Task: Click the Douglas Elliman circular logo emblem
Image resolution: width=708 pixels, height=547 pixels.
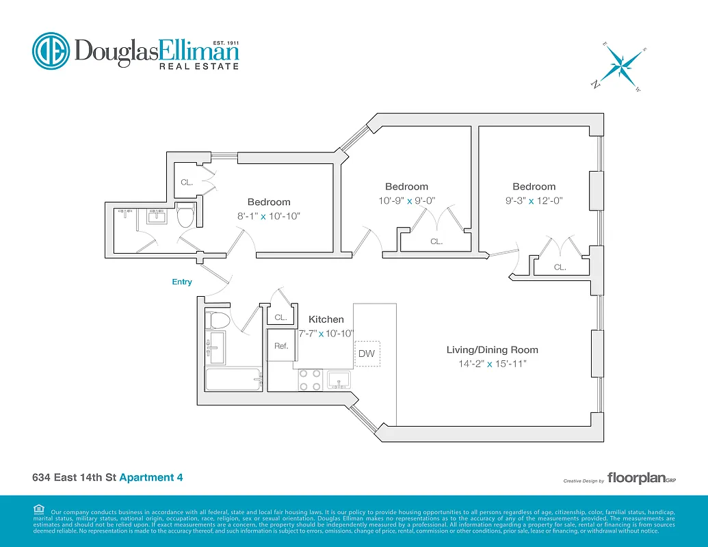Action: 51,51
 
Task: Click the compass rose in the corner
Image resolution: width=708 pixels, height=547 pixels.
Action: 621,67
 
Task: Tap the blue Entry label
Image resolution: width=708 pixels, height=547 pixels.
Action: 182,282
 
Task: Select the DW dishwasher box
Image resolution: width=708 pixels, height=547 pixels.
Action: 366,353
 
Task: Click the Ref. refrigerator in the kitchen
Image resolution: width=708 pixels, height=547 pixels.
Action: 281,346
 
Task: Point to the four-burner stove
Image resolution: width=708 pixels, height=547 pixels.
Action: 310,380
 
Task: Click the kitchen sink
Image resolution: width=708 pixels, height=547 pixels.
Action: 339,379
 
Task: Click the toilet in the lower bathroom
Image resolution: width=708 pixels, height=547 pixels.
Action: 220,321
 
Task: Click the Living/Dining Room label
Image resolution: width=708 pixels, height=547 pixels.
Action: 487,350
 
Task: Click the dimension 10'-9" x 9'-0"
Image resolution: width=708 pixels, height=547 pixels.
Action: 406,201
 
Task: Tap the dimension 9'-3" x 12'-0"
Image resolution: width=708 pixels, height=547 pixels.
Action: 534,201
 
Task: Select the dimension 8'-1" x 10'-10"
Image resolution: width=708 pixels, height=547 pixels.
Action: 269,216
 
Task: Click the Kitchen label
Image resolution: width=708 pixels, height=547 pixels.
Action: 326,319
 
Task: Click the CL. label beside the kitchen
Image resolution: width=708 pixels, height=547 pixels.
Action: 281,318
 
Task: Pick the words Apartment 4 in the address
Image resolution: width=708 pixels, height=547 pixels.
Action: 151,478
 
